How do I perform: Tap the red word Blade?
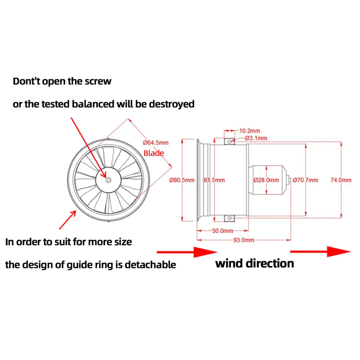click(x=154, y=153)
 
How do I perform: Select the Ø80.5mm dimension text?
click(x=182, y=180)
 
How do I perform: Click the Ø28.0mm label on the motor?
click(x=266, y=180)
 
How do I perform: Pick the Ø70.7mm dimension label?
click(x=305, y=180)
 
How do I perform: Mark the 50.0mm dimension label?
click(x=222, y=231)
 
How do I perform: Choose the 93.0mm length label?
click(x=244, y=240)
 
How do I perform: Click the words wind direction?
click(x=255, y=263)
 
